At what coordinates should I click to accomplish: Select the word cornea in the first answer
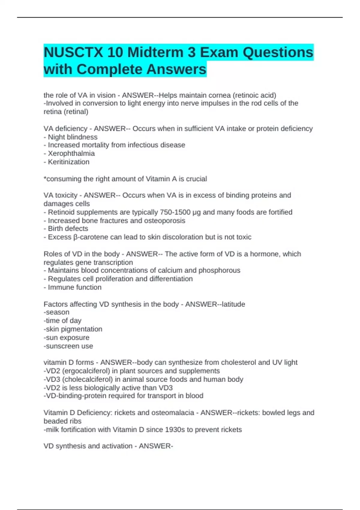tap(220, 95)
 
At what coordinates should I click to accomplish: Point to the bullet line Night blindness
tap(71, 137)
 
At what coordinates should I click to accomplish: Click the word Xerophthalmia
tap(71, 154)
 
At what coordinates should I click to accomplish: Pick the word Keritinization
tap(69, 162)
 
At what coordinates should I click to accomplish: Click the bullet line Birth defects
tap(66, 229)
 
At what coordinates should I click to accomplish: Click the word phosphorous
tap(219, 271)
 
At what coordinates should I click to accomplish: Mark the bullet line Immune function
tap(73, 287)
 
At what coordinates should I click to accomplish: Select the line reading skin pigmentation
tap(73, 329)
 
